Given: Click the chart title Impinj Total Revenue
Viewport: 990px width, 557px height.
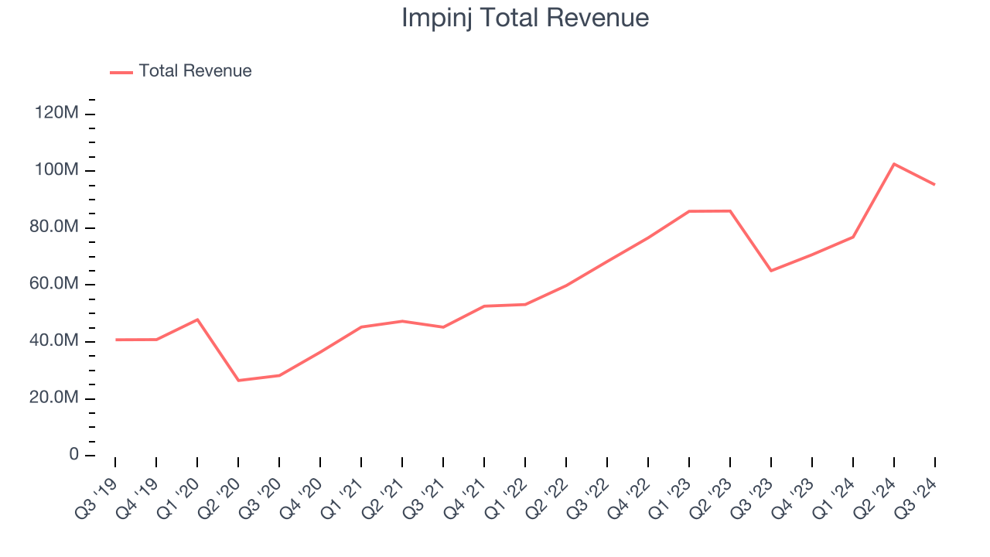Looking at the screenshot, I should [x=524, y=18].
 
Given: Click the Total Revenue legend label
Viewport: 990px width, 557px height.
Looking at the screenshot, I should [x=195, y=71].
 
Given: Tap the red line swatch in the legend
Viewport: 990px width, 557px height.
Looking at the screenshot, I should [x=121, y=72].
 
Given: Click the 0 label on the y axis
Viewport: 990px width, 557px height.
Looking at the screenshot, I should [x=74, y=455].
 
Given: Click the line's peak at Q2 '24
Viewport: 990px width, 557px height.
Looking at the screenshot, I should [x=894, y=164].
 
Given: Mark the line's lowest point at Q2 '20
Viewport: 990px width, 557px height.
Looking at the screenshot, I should [x=238, y=381].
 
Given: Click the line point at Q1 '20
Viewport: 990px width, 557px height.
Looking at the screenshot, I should [x=197, y=320].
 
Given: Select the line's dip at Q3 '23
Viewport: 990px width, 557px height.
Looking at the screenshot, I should [x=771, y=271].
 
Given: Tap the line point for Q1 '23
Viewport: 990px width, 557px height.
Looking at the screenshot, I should [x=689, y=211].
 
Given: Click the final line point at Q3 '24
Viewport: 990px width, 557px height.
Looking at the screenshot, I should [x=935, y=184].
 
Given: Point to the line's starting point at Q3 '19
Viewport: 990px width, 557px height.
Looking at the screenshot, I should [x=115, y=340].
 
